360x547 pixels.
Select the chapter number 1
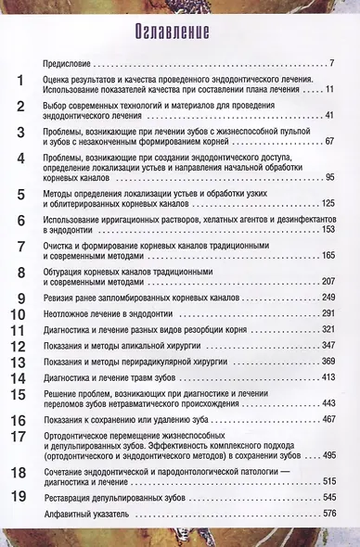tap(19, 84)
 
